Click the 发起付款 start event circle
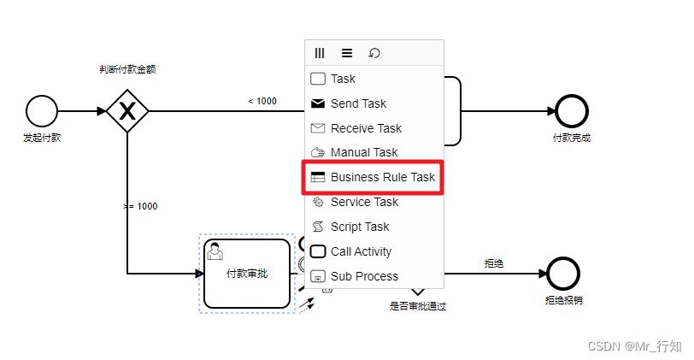point(42,110)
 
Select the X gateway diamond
point(127,110)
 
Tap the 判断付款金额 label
point(127,69)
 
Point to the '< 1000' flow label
point(262,101)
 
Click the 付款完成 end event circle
point(572,110)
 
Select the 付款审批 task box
point(246,274)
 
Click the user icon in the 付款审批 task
point(215,251)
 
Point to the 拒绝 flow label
point(494,263)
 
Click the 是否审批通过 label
point(418,305)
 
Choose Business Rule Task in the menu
point(373,177)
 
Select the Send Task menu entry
point(358,103)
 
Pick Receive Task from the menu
point(365,128)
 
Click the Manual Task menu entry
point(363,152)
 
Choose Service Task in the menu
point(364,202)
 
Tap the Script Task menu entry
point(360,227)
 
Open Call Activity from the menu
point(361,251)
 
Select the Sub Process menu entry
point(364,276)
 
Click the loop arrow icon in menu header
point(374,53)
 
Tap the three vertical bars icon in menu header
point(320,53)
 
